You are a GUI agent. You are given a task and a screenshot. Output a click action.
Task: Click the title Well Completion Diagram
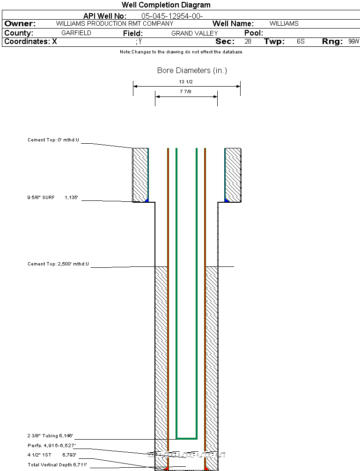point(166,5)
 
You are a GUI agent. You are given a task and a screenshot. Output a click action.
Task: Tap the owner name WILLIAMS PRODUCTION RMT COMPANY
point(114,23)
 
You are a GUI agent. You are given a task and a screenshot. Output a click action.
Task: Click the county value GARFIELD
point(76,33)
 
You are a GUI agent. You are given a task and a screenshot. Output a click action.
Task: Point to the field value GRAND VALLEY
point(194,33)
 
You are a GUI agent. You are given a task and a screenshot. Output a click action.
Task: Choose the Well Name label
point(233,23)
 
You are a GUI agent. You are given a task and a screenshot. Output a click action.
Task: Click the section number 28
point(248,42)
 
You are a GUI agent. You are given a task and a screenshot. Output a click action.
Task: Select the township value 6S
point(301,42)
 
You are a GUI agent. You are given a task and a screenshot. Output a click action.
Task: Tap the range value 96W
point(353,42)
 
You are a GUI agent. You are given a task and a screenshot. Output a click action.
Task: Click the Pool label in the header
point(254,33)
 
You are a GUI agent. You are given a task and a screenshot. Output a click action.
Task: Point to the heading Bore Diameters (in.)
point(192,71)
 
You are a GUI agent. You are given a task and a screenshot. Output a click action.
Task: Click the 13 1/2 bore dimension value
point(186,82)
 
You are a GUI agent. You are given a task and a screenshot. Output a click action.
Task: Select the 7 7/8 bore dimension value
point(186,92)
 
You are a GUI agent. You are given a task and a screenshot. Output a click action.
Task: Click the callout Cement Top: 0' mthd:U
point(54,140)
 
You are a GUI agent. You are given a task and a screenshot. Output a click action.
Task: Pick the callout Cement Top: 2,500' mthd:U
point(58,264)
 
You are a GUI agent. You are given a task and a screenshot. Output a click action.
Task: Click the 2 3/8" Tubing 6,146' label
point(50,435)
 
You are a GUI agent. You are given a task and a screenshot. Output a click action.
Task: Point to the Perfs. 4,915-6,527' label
point(51,445)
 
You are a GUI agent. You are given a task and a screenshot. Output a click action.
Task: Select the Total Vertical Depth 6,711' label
point(57,464)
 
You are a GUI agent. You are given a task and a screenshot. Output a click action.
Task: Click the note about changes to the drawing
point(181,52)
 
